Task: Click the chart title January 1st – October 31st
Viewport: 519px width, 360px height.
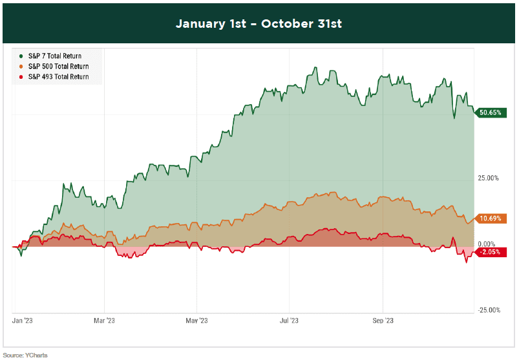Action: pos(259,24)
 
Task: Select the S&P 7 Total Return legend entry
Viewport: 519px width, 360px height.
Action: pos(55,56)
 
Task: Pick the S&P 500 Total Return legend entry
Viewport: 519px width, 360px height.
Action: pos(58,67)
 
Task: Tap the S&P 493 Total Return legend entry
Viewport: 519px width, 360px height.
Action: pos(58,77)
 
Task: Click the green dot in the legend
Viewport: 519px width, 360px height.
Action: pos(23,56)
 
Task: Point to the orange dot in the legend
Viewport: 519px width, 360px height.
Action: pos(23,67)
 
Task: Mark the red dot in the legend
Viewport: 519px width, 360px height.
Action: pos(23,77)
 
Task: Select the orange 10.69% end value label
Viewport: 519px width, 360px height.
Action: pos(492,218)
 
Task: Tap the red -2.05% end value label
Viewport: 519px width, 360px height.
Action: pos(491,252)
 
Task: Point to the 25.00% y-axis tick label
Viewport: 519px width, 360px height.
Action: pos(488,178)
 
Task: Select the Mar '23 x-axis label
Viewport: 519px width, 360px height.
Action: pos(104,320)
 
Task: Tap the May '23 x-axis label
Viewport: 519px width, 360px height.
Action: pos(196,320)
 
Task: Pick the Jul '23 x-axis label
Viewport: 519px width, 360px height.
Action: pos(289,320)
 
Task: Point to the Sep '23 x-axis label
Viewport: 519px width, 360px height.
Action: pos(383,320)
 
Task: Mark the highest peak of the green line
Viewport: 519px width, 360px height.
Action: pos(315,67)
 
